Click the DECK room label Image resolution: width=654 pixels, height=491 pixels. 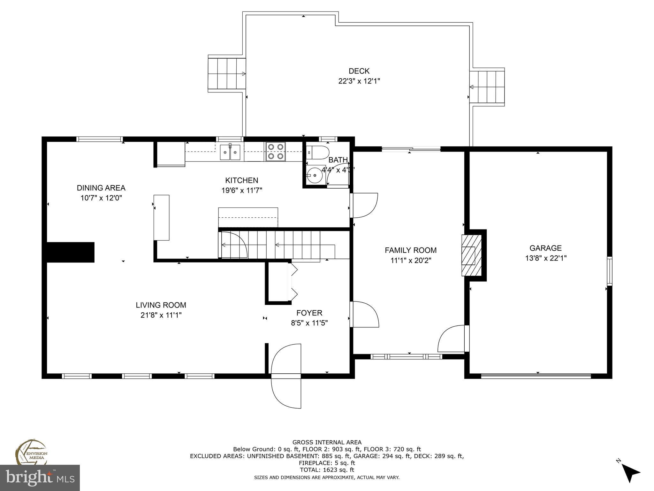pyautogui.click(x=359, y=71)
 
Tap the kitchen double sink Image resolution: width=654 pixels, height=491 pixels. pyautogui.click(x=230, y=152)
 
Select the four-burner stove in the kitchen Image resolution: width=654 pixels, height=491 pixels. pyautogui.click(x=276, y=152)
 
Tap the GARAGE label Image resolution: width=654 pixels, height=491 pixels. pyautogui.click(x=545, y=248)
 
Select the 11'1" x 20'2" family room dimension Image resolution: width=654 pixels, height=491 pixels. pyautogui.click(x=411, y=261)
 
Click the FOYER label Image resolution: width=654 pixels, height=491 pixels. pyautogui.click(x=309, y=313)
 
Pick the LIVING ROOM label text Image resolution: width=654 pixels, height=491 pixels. pyautogui.click(x=161, y=305)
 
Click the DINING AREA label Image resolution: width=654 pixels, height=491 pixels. pyautogui.click(x=101, y=188)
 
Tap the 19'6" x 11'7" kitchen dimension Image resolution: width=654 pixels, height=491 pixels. pyautogui.click(x=242, y=191)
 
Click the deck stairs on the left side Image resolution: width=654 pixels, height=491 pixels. pyautogui.click(x=227, y=74)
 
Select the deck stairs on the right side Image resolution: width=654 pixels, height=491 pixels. pyautogui.click(x=487, y=87)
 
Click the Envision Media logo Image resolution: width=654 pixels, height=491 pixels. pyautogui.click(x=31, y=452)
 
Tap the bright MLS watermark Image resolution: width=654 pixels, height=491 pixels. pyautogui.click(x=40, y=478)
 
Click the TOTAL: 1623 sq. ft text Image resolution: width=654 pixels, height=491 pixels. pyautogui.click(x=327, y=470)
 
